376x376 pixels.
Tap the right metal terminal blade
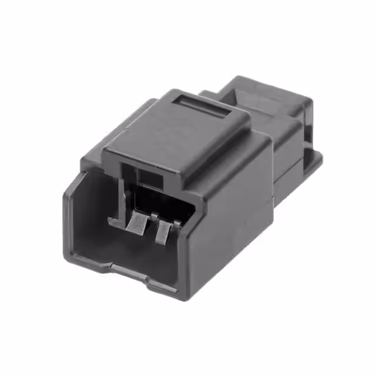[x=163, y=232]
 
